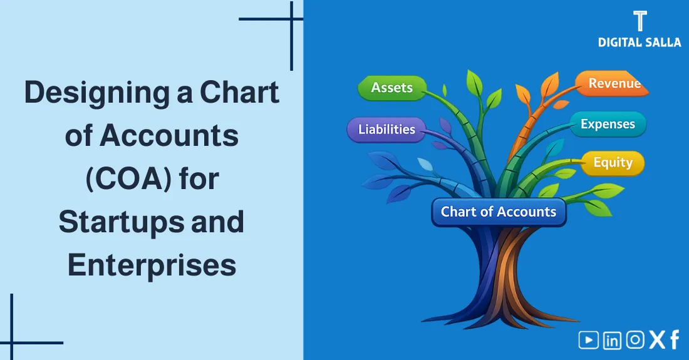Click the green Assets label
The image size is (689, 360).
click(392, 88)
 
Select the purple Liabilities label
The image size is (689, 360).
click(386, 130)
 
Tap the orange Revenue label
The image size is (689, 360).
click(614, 84)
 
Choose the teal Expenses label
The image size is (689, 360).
click(608, 124)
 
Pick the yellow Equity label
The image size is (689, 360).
click(613, 163)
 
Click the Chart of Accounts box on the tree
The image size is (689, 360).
click(499, 212)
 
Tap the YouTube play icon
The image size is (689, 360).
click(588, 340)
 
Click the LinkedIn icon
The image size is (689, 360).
click(612, 340)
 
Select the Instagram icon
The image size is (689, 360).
click(635, 340)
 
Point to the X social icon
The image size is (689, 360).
click(657, 340)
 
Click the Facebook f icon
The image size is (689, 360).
click(675, 340)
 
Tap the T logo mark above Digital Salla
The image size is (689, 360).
click(640, 21)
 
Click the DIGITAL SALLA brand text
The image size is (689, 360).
click(639, 42)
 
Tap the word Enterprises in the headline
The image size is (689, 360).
click(152, 265)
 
